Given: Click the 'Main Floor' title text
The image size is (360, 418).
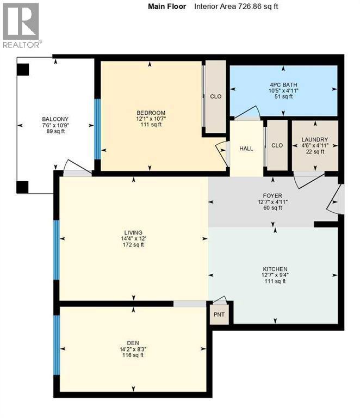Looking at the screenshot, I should pyautogui.click(x=167, y=7).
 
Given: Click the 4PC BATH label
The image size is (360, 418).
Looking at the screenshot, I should pyautogui.click(x=282, y=84).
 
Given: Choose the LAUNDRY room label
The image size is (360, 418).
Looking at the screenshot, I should pyautogui.click(x=315, y=140).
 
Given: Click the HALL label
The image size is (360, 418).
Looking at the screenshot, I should pyautogui.click(x=246, y=149).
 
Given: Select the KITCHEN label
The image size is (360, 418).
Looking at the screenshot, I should pyautogui.click(x=274, y=269).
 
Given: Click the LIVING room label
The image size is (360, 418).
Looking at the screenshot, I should pyautogui.click(x=133, y=232).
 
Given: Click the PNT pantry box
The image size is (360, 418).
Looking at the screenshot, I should pyautogui.click(x=219, y=315).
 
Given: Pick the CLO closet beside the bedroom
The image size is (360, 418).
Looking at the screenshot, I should pyautogui.click(x=215, y=96).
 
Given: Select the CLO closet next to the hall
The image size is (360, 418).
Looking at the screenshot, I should pyautogui.click(x=277, y=145).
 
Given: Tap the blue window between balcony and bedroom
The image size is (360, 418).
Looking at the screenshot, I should pyautogui.click(x=98, y=128).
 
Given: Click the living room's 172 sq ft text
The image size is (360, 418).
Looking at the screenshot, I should pyautogui.click(x=133, y=245).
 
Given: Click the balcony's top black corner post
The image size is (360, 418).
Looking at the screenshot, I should pyautogui.click(x=23, y=70).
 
